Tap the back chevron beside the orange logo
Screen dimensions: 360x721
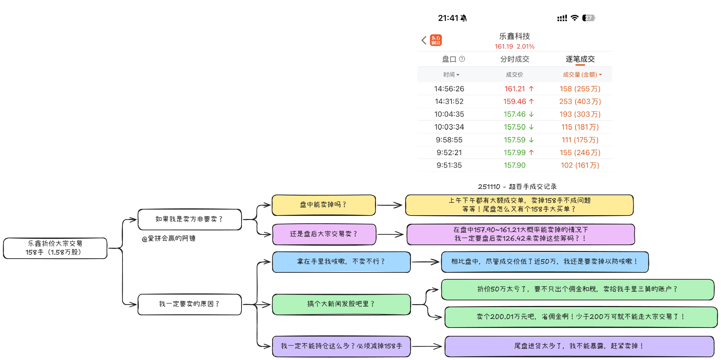424,40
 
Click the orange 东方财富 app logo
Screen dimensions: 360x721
436,40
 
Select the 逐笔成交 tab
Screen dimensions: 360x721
580,59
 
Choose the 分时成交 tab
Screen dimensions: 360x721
514,59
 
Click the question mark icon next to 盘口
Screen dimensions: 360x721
462,59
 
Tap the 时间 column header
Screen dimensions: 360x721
451,75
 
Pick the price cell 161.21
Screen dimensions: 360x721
515,89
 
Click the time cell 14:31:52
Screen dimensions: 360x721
449,102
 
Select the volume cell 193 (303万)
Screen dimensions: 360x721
580,114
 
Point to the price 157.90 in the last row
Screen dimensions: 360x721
514,166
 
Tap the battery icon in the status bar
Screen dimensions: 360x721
589,18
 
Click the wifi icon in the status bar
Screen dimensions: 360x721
574,18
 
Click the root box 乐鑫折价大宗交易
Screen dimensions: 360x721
55,248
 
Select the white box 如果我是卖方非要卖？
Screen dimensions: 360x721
189,219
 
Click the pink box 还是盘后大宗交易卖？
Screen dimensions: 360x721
324,234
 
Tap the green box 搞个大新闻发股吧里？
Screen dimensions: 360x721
341,304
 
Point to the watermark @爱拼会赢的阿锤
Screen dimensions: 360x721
169,239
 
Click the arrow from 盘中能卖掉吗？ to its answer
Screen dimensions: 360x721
390,205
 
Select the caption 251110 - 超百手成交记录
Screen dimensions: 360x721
517,187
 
